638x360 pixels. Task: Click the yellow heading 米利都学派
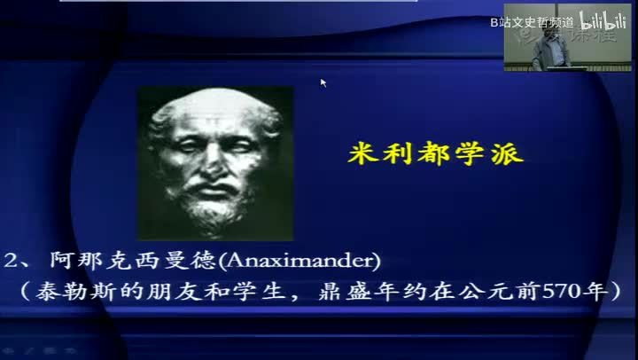(x=435, y=156)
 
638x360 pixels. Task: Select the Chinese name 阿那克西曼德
(x=127, y=261)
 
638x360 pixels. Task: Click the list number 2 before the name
(x=10, y=261)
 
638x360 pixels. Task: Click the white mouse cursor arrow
(x=323, y=82)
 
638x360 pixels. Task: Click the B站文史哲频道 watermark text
(x=532, y=20)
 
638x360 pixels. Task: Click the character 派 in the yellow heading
(x=507, y=156)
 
